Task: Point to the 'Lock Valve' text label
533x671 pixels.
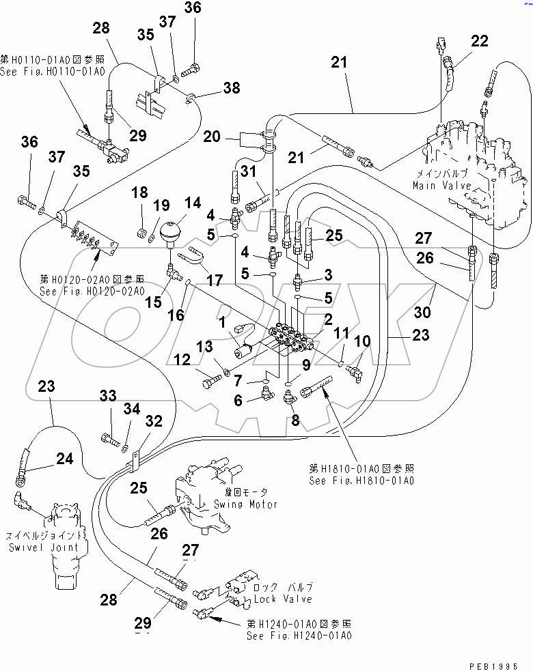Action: pyautogui.click(x=282, y=599)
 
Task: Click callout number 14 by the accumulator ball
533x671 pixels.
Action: pyautogui.click(x=193, y=203)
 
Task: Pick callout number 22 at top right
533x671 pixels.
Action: pyautogui.click(x=480, y=41)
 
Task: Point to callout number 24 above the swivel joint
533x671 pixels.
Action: pyautogui.click(x=64, y=459)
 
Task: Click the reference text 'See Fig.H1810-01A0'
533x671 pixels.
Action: pyautogui.click(x=361, y=480)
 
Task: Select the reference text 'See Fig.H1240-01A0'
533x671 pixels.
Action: pyautogui.click(x=299, y=635)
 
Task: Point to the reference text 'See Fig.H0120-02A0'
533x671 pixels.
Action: pyautogui.click(x=92, y=291)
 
